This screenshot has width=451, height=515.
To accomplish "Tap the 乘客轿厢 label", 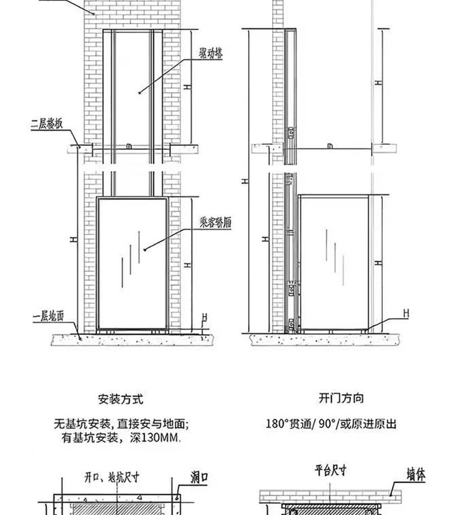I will [215, 222].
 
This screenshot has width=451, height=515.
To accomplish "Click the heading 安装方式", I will [121, 399].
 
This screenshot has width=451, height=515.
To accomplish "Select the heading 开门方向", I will [341, 398].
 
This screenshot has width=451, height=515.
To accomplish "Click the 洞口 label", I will [199, 478].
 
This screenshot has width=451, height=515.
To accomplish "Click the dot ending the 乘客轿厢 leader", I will [145, 249].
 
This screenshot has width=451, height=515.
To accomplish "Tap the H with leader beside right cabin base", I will [405, 313].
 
